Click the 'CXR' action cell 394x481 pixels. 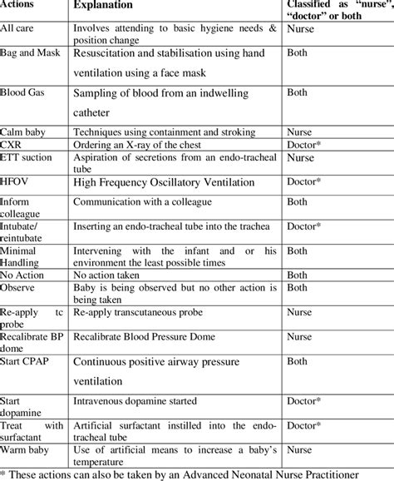(x=12, y=145)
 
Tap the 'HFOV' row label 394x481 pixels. (x=17, y=180)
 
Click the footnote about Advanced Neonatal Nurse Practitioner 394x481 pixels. (x=197, y=474)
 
